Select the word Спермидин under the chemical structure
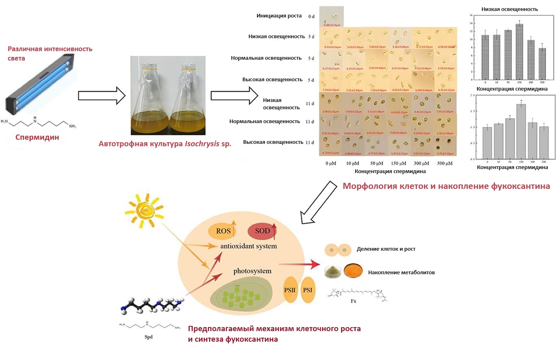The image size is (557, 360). point(37,137)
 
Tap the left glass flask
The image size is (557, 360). point(148,100)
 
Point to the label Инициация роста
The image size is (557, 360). point(279,16)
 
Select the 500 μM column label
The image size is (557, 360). point(445,163)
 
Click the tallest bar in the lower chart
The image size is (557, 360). point(521,131)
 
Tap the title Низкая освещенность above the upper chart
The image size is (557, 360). point(510,9)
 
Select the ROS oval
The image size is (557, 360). point(223,232)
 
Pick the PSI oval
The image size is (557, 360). point(308,290)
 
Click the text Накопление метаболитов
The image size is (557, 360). point(402,273)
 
